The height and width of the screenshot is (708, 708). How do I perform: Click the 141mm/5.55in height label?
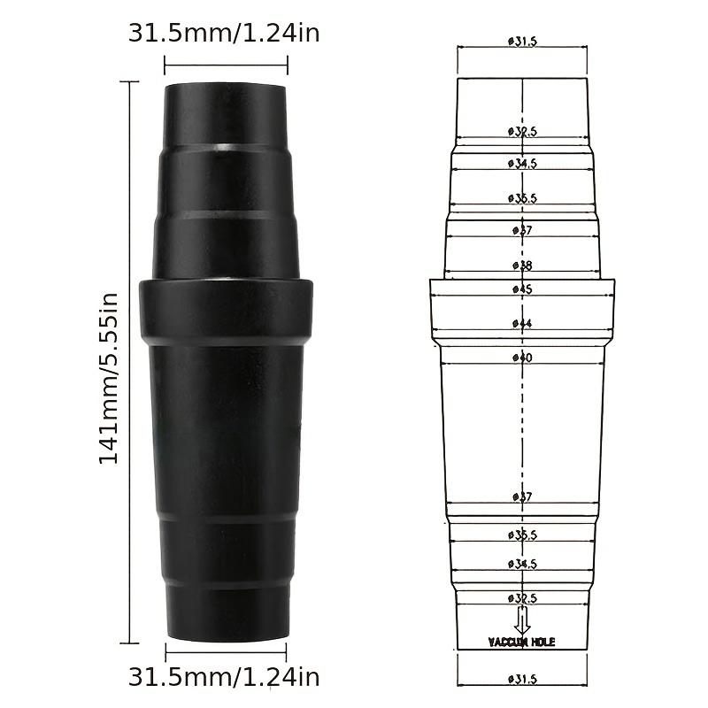pos(108,378)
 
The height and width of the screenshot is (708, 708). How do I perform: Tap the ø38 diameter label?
pos(522,265)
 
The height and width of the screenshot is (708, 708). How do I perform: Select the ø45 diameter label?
pos(522,289)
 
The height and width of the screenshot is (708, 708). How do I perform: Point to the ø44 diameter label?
pos(522,324)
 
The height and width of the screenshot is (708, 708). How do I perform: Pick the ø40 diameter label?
pos(522,358)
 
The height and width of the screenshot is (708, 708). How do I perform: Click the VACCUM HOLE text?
pos(521,642)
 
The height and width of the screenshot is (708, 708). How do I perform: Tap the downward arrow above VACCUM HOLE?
pos(522,618)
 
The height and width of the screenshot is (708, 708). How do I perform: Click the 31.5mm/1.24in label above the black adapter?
pos(224,34)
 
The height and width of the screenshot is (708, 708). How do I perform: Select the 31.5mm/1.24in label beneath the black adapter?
pos(224,678)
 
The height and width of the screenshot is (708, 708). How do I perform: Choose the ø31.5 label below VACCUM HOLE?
pos(522,679)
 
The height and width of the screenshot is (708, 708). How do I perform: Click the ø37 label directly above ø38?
pos(522,230)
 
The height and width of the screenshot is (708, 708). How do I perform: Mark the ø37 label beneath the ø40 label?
pos(522,497)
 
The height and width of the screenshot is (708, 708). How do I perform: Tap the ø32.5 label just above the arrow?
pos(522,598)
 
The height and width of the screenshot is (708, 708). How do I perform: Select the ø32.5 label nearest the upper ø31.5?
pos(522,131)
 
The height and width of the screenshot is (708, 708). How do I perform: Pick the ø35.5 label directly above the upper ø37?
pos(522,198)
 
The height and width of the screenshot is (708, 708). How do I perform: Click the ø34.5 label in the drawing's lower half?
pos(522,564)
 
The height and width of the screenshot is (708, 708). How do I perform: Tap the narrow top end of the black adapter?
pos(226,111)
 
